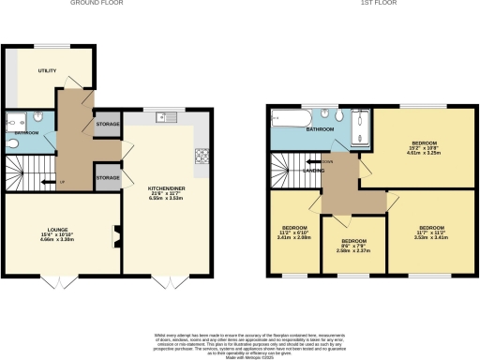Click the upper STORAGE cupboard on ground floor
click(x=107, y=124)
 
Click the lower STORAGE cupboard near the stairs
click(x=107, y=177)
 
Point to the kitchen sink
click(x=167, y=118)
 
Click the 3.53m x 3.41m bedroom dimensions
click(x=430, y=237)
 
